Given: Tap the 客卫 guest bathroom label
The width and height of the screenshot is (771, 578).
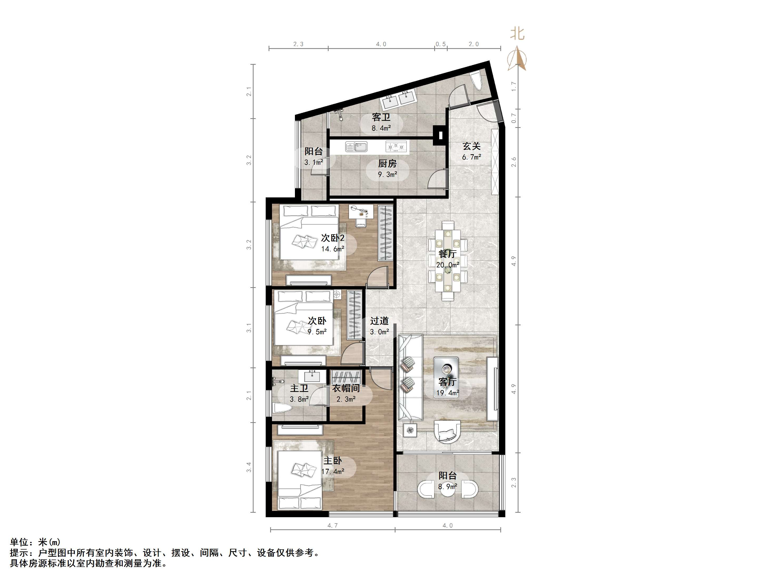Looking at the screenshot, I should pyautogui.click(x=381, y=117).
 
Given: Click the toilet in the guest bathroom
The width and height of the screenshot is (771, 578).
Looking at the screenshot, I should pyautogui.click(x=476, y=82).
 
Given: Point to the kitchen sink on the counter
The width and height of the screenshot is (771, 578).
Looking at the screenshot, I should pyautogui.click(x=356, y=147).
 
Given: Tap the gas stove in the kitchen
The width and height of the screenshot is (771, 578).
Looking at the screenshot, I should pyautogui.click(x=396, y=147).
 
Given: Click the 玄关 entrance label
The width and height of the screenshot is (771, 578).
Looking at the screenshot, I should pyautogui.click(x=472, y=146).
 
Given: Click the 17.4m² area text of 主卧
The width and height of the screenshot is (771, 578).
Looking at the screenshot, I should pyautogui.click(x=333, y=472).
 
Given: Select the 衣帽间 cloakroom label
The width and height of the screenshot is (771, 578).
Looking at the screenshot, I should pyautogui.click(x=346, y=388).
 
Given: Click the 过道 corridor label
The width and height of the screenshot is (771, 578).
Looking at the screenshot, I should pyautogui.click(x=379, y=321).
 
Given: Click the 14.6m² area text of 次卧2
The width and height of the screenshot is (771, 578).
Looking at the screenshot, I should pyautogui.click(x=333, y=249).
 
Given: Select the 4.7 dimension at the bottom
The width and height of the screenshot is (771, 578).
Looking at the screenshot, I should pyautogui.click(x=333, y=525).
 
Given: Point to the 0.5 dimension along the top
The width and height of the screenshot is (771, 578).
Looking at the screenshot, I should pyautogui.click(x=441, y=44).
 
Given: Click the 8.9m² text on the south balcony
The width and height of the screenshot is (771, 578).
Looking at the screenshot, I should pyautogui.click(x=448, y=486).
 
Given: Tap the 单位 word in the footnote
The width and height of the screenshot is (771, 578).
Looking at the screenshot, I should pyautogui.click(x=18, y=542).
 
